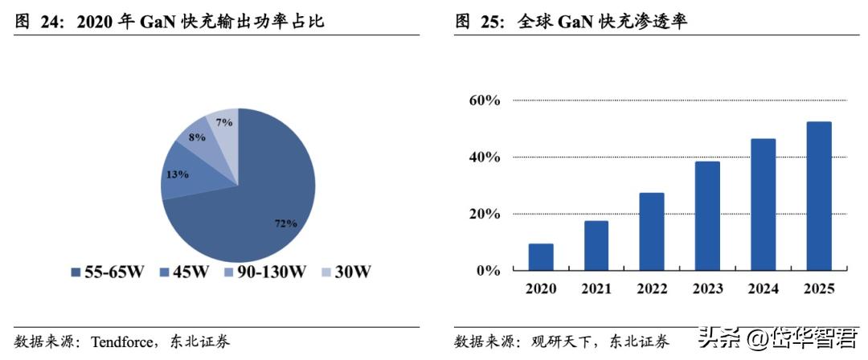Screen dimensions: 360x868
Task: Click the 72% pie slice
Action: coord(257,201)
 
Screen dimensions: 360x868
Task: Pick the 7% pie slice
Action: coord(225,122)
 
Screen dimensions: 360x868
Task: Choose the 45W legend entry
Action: coord(184,272)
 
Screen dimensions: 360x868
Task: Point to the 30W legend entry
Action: coord(346,272)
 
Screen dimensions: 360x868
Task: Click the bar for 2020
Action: coord(541,257)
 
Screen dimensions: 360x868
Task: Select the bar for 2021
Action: coord(596,246)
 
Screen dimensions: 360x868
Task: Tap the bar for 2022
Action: coord(652,231)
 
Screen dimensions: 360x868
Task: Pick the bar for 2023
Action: coord(708,216)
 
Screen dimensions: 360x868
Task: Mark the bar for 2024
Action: coord(764,205)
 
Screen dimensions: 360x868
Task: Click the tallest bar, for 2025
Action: coord(819,196)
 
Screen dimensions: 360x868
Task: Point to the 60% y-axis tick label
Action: coord(485,100)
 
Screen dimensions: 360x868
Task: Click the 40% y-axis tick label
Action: coord(485,157)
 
